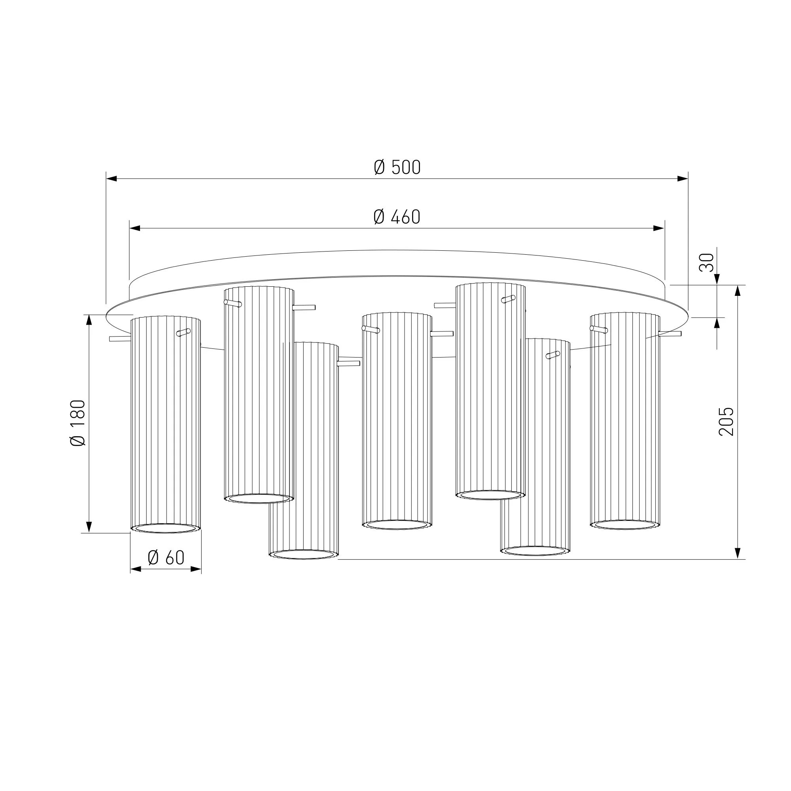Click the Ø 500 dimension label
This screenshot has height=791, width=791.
tap(397, 167)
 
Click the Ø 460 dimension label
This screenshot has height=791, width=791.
tap(397, 217)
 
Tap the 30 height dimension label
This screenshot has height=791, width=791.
tap(706, 263)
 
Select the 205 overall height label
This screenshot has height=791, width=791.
tap(726, 422)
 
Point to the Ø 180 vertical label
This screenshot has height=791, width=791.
tap(78, 423)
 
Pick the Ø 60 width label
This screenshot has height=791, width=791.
tap(166, 558)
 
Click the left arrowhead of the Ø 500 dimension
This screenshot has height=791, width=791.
tap(112, 178)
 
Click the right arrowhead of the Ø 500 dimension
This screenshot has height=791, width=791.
tap(683, 178)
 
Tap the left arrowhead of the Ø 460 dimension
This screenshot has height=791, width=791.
tap(135, 228)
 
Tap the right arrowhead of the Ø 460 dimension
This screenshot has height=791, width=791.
tap(659, 228)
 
